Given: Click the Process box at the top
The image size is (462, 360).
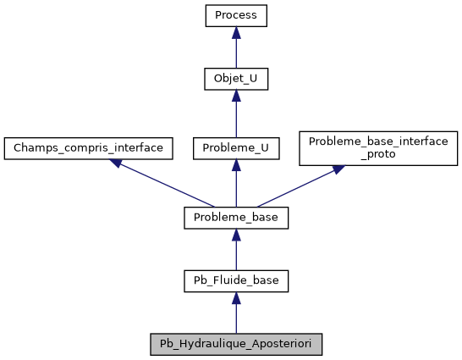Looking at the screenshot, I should (x=236, y=15).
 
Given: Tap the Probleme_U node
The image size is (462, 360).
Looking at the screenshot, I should (x=236, y=147).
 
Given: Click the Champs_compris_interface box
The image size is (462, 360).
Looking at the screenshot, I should (x=88, y=147).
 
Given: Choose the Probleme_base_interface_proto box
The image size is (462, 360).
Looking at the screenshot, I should (x=379, y=147).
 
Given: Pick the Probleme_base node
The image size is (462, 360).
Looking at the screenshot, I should (x=236, y=218).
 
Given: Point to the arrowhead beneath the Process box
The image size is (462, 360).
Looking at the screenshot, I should (x=236, y=32).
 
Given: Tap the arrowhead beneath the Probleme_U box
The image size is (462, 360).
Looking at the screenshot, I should (x=236, y=164).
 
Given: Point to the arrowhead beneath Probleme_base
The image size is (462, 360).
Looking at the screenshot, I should (x=236, y=235).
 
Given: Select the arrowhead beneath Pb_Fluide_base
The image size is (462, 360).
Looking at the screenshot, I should (x=236, y=298).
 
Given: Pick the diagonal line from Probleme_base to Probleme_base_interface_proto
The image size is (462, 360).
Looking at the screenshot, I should (x=296, y=187).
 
